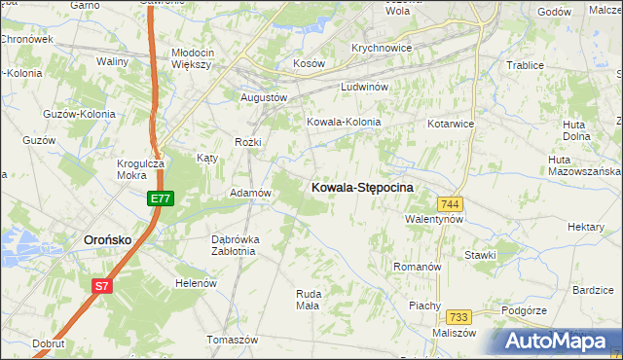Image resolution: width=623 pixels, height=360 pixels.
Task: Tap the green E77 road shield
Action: click(x=162, y=198)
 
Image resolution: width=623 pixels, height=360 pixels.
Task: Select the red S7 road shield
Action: click(x=102, y=286)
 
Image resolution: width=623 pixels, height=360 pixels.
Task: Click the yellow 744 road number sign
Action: click(x=450, y=203)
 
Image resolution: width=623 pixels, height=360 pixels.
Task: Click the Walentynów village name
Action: click(x=433, y=220)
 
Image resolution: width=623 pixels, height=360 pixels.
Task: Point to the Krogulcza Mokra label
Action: click(x=139, y=170)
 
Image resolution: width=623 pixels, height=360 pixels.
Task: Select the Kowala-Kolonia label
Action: click(x=344, y=123)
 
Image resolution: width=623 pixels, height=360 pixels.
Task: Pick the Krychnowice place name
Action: click(x=382, y=48)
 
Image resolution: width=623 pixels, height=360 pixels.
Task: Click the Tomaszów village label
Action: click(x=232, y=340)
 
